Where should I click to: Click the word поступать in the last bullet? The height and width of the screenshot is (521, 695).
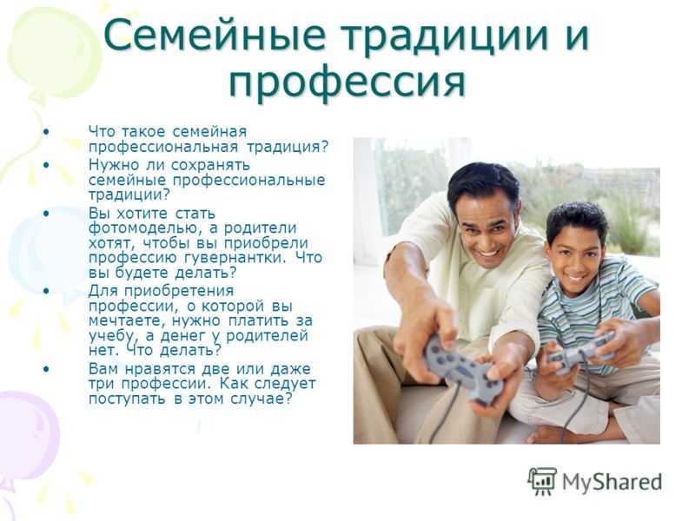pos(127,399)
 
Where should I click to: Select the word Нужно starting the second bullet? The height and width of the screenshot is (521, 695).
pos(114,165)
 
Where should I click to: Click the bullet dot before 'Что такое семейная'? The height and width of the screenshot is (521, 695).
pos(47,132)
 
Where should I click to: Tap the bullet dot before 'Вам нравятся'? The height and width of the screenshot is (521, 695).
pos(47,369)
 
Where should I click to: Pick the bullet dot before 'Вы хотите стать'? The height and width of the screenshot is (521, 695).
pos(47,214)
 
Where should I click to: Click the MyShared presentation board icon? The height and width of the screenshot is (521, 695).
pos(541,481)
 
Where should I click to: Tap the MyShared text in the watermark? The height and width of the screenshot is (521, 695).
pos(612,482)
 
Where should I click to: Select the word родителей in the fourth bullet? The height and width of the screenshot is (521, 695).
pos(267,336)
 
